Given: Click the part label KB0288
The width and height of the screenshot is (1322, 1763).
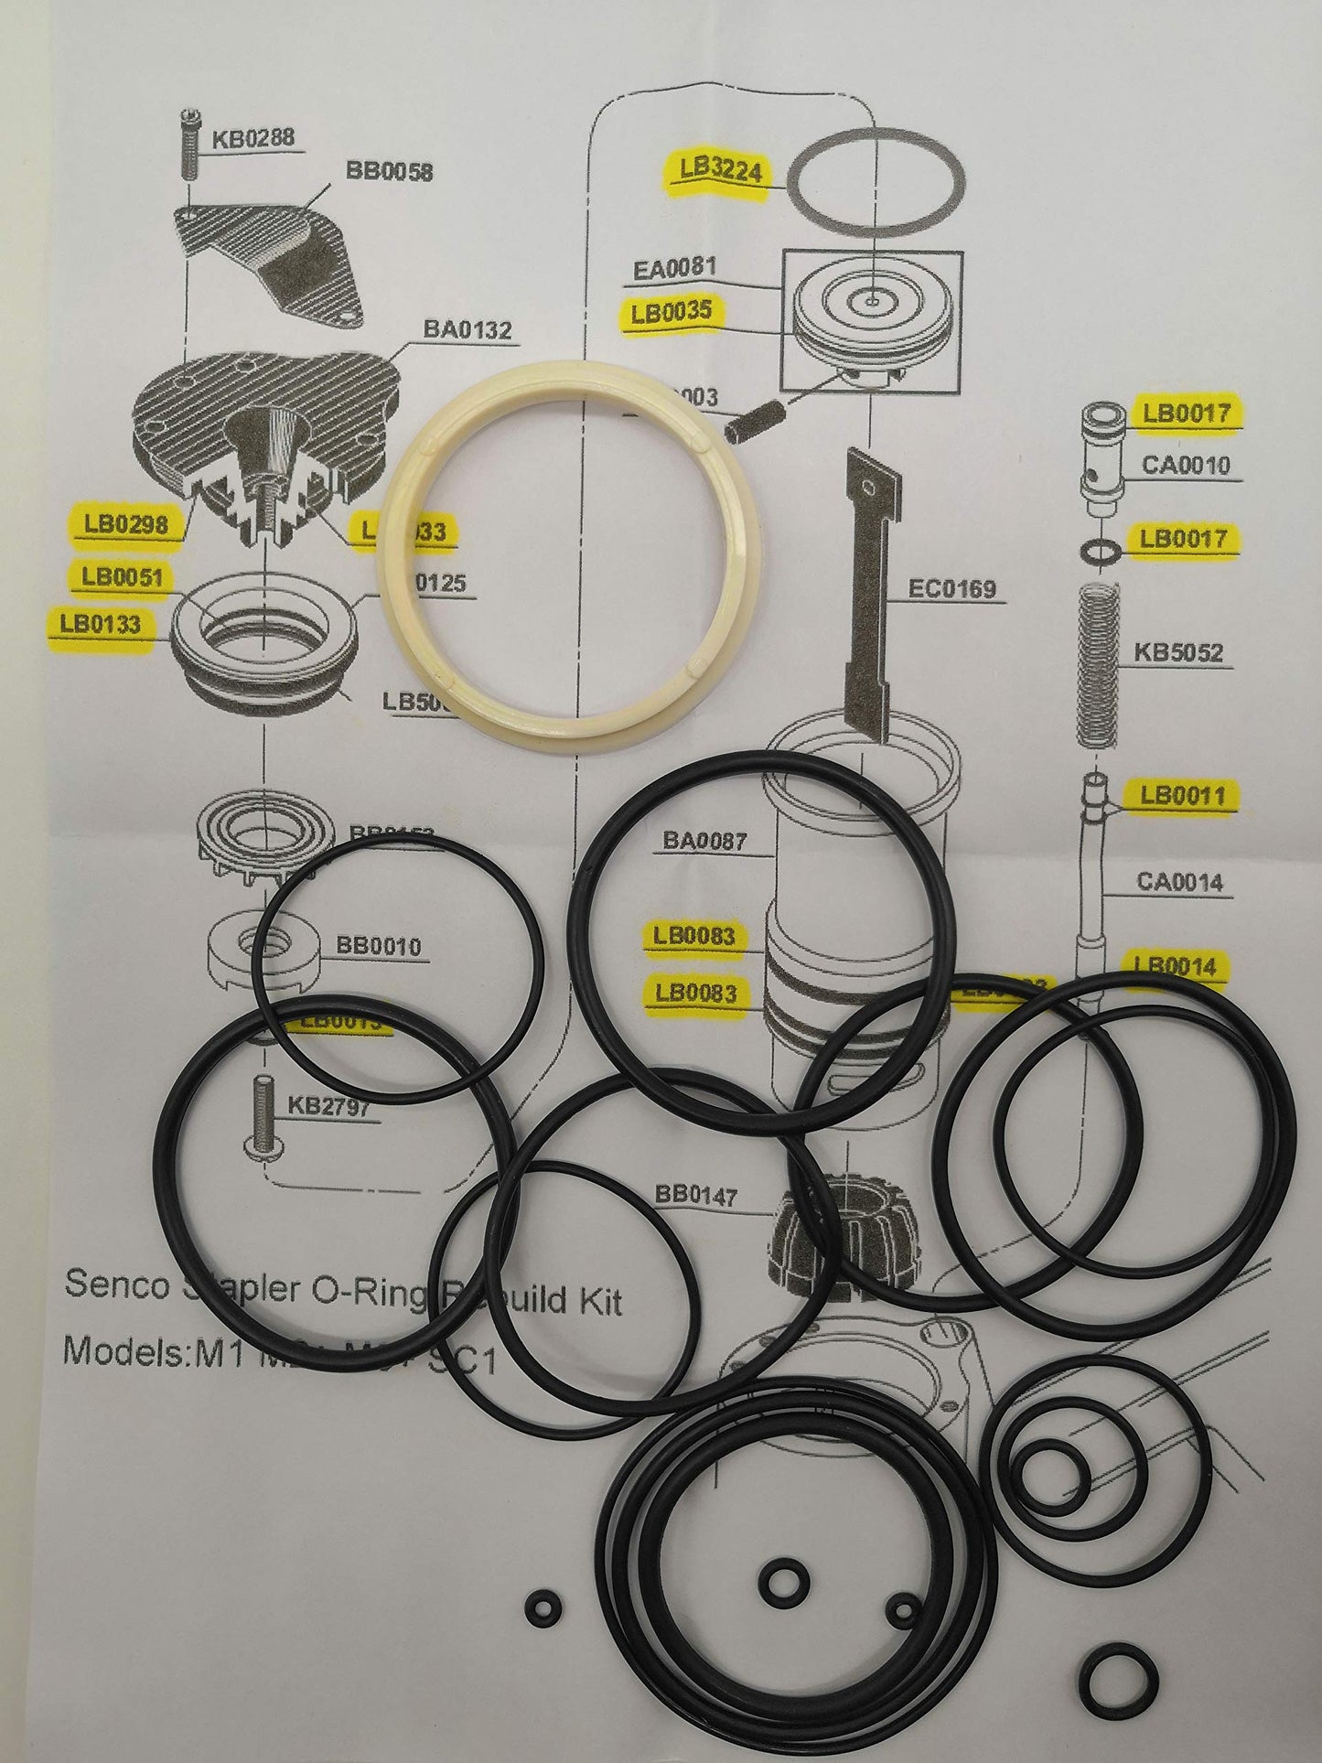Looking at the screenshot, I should point(253,140).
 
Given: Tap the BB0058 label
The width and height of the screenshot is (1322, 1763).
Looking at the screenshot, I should point(389,171).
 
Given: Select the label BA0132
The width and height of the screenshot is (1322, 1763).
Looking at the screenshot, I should point(467,328).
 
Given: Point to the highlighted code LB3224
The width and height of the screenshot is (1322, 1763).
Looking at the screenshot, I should point(721,168).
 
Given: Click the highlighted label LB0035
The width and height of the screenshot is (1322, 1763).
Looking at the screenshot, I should point(672,312).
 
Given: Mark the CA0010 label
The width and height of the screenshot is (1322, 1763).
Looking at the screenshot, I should point(1186,466).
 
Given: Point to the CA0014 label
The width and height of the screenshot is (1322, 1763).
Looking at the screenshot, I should point(1180,882).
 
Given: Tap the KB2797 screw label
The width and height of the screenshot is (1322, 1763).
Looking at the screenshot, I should point(329,1107).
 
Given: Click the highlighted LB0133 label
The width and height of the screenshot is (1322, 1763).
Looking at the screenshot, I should point(101,624).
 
